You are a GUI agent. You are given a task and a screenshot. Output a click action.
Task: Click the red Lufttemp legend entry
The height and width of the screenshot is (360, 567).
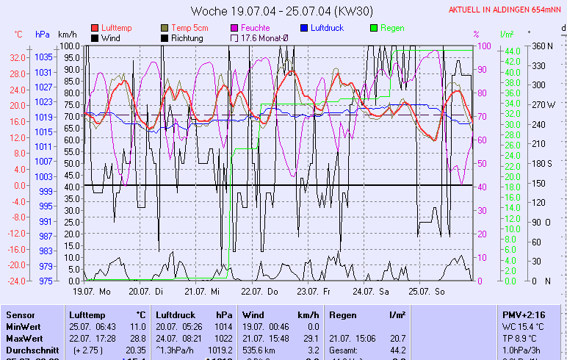117,28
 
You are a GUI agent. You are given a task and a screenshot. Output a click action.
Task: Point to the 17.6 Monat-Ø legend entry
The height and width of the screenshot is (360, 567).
261,37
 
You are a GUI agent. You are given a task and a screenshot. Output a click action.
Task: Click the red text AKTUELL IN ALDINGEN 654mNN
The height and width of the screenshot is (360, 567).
506,10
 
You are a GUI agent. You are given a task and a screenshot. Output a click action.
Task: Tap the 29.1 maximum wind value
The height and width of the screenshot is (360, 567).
310,337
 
